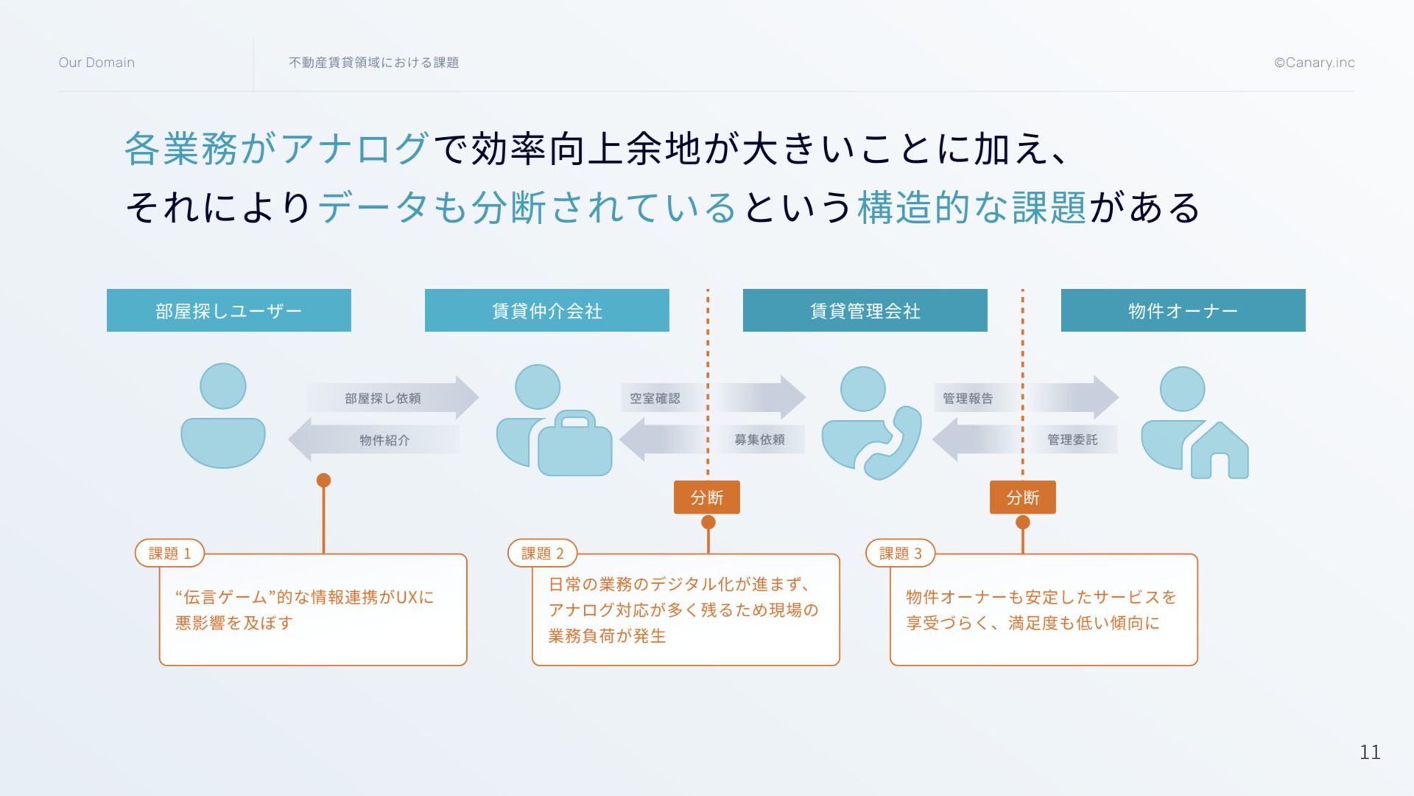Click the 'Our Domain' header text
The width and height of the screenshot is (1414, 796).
pos(96,63)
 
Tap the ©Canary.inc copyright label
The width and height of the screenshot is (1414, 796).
pos(1314,63)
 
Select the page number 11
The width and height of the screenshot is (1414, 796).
pos(1369,752)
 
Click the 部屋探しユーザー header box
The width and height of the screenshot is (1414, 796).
pos(228,310)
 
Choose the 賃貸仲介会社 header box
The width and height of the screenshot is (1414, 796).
pos(546,310)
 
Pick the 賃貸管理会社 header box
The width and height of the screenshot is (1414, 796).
pos(865,310)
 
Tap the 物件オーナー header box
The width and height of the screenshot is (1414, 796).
pos(1183,310)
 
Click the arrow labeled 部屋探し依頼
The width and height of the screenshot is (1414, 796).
pos(392,398)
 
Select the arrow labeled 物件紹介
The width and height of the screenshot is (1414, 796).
pos(374,440)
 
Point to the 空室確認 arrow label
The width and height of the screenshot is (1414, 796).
pos(655,398)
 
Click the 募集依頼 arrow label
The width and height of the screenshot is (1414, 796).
pos(759,440)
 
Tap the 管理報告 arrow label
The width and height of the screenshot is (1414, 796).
pos(968,398)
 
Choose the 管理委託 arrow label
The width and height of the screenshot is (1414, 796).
pos(1072,440)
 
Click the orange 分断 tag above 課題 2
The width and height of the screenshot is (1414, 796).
pos(707,497)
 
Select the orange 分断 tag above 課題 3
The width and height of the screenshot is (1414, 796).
pos(1022,497)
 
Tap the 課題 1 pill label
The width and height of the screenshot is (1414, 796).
pos(169,553)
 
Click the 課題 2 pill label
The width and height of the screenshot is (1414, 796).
pos(542,553)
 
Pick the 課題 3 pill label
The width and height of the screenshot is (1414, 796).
pos(900,553)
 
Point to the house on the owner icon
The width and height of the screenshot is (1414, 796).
pos(1220,451)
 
